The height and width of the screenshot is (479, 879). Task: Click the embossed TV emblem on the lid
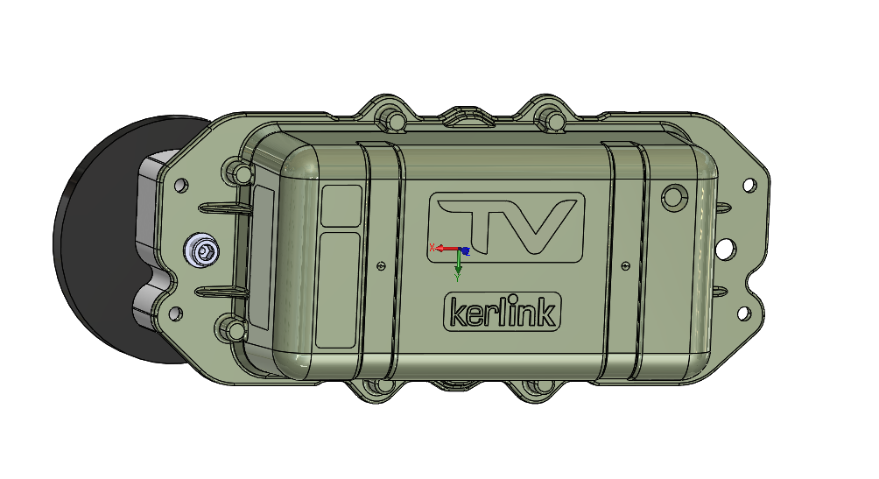point(506,227)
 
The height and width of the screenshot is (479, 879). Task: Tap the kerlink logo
point(503,312)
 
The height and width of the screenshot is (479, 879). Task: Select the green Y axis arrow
point(458,263)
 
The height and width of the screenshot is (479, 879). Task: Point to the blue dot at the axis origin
point(464,250)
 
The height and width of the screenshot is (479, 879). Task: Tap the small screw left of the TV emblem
point(382,266)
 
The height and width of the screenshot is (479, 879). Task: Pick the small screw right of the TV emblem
point(626,266)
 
